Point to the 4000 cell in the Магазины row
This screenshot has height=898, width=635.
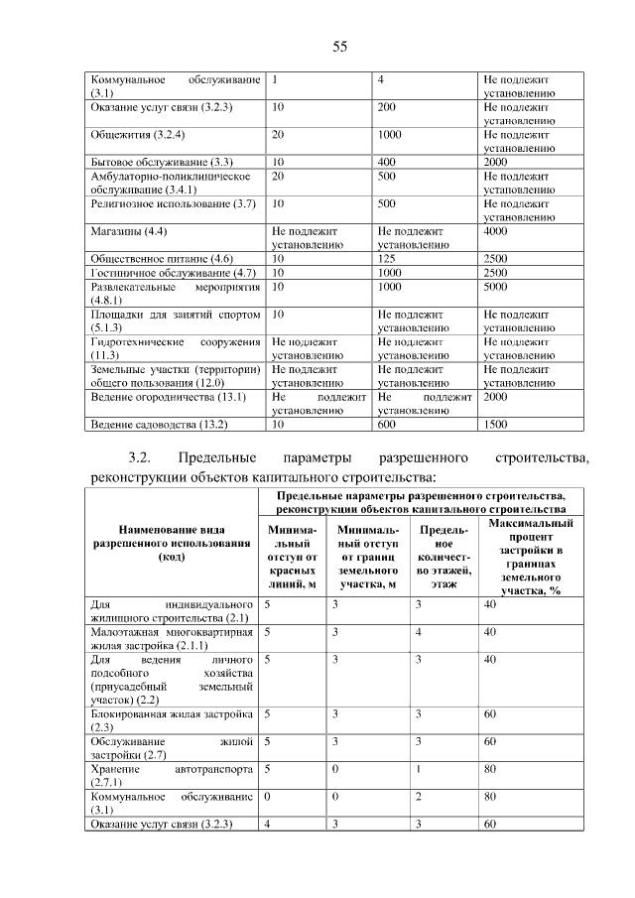pyautogui.click(x=495, y=231)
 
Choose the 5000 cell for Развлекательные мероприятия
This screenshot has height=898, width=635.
pyautogui.click(x=495, y=286)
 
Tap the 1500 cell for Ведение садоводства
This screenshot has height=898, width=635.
pyautogui.click(x=495, y=425)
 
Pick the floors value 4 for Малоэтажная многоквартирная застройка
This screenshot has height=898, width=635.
pyautogui.click(x=420, y=631)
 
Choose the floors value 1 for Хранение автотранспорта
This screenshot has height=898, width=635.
pyautogui.click(x=419, y=769)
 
